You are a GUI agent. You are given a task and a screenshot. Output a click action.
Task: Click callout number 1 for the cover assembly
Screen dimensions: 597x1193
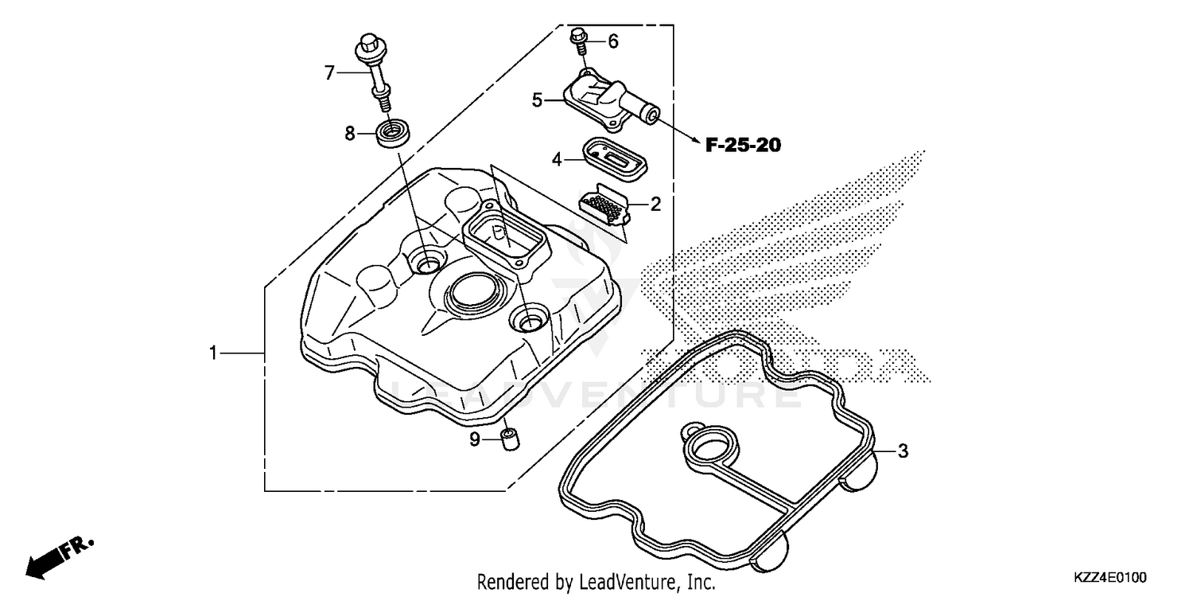[x=213, y=353]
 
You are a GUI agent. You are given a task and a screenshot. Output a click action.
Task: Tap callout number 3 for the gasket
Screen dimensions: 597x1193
[x=902, y=451]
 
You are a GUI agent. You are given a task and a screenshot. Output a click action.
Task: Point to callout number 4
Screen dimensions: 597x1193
[x=558, y=160]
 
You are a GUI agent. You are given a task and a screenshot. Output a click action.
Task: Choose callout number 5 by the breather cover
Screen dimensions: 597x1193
[x=538, y=100]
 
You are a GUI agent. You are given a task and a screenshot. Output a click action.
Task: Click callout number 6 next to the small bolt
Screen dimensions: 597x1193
[x=612, y=42]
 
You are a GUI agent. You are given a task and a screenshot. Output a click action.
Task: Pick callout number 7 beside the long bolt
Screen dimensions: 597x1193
[x=329, y=72]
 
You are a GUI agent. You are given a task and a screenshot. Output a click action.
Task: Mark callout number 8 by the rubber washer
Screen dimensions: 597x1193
[x=350, y=134]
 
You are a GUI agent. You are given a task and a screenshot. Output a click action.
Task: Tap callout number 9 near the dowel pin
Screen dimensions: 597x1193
[x=475, y=439]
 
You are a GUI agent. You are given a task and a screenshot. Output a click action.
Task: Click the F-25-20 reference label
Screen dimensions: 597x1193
[x=743, y=145]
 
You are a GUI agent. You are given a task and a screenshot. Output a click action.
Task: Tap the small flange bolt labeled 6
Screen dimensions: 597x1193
[x=579, y=37]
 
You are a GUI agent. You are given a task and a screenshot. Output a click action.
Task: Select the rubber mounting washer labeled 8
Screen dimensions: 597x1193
[x=393, y=132]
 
